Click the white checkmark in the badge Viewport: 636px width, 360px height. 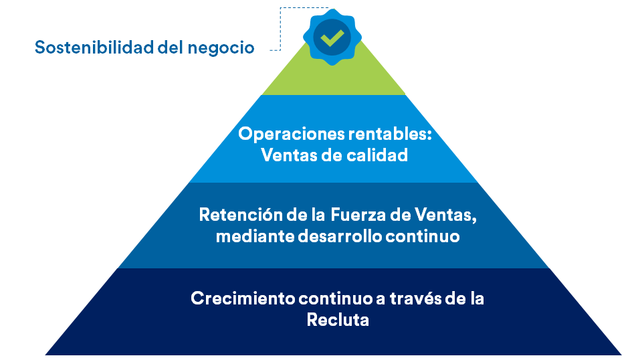(x=332, y=37)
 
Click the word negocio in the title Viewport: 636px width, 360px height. (x=221, y=48)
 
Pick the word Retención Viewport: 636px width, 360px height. (x=241, y=214)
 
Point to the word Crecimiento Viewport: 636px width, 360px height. (x=243, y=298)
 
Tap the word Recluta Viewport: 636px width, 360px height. (x=338, y=319)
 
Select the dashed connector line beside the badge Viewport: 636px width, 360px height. (x=280, y=29)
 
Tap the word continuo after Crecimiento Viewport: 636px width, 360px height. (x=336, y=298)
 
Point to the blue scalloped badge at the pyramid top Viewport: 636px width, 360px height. (x=332, y=37)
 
